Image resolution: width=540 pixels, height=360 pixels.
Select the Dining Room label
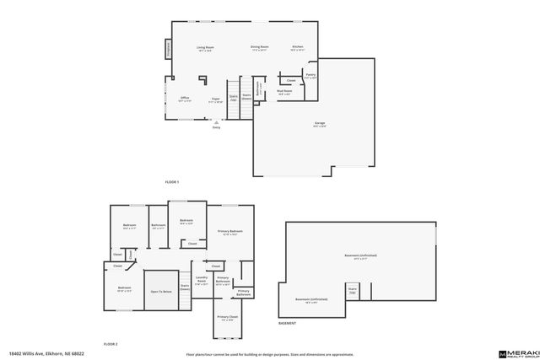(259, 48)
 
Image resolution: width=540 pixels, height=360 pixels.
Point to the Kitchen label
(298, 48)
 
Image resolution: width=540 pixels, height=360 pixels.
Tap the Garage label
(320, 125)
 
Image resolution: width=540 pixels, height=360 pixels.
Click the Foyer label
(216, 100)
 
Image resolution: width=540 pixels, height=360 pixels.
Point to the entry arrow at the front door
(216, 123)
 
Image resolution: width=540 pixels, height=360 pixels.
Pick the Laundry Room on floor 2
(202, 282)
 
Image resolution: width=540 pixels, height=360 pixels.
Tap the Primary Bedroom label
(230, 232)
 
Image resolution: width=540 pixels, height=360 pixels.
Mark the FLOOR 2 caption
(111, 344)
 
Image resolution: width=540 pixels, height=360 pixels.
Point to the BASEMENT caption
(288, 324)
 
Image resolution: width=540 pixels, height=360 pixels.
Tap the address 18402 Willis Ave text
(40, 354)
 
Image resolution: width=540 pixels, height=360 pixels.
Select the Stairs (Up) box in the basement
(353, 292)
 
